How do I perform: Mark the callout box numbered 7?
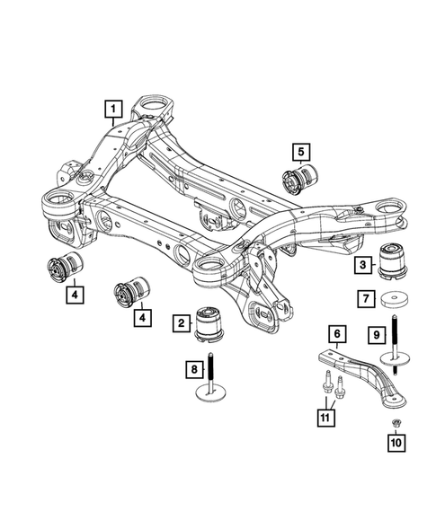pos(366,297)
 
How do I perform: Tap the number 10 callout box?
pos(394,442)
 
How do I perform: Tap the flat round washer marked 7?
pos(393,298)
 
